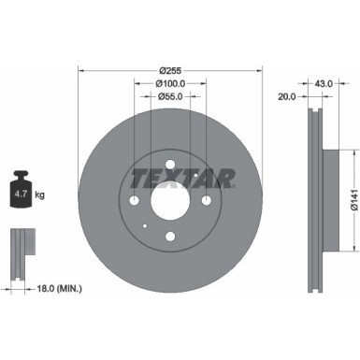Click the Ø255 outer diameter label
click(169, 71)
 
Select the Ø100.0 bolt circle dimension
click(169, 84)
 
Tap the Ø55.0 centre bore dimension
click(169, 96)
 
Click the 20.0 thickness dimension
click(287, 96)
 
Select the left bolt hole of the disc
click(135, 203)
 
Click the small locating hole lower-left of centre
click(144, 228)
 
